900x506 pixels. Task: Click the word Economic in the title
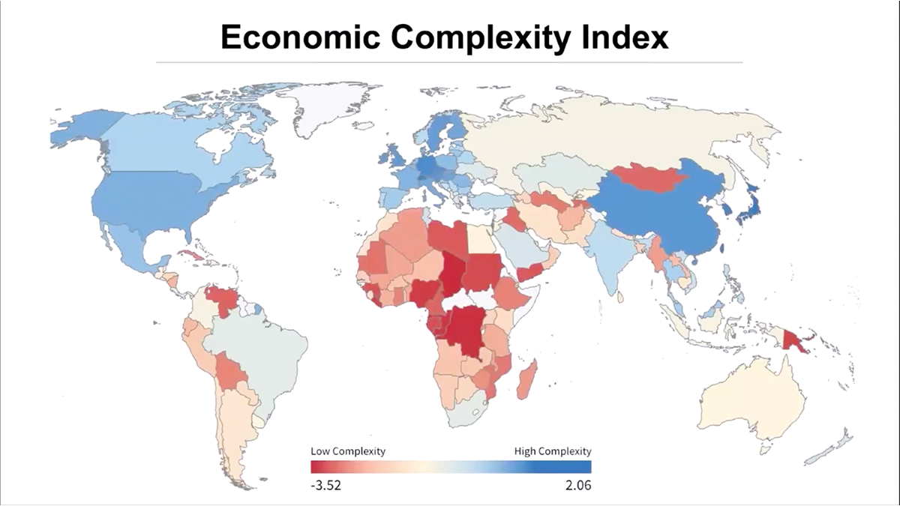tap(301, 37)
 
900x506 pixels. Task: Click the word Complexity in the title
tap(480, 38)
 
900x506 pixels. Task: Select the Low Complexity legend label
tap(348, 451)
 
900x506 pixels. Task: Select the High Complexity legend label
tap(553, 451)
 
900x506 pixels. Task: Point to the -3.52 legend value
tap(325, 486)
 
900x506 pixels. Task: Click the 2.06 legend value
tap(578, 486)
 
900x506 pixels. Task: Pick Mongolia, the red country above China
tap(648, 177)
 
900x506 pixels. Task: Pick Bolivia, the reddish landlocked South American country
tap(231, 372)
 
